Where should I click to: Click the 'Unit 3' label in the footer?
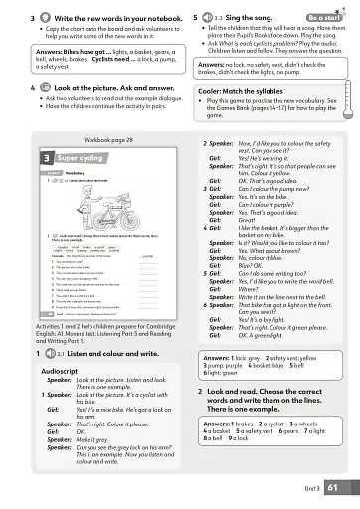(311, 488)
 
